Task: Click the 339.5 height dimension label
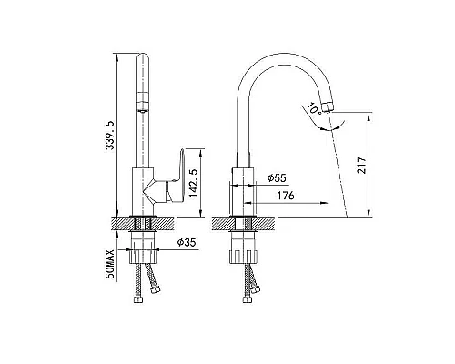coord(109,136)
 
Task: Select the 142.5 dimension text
coord(193,183)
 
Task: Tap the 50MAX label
coord(110,264)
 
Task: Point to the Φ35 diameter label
coord(187,242)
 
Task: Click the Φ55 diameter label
coord(277,178)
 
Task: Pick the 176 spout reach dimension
coord(286,196)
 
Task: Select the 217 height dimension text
coord(361,165)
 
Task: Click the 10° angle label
coord(314,108)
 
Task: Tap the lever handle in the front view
coord(176,176)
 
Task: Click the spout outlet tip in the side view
coord(328,107)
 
